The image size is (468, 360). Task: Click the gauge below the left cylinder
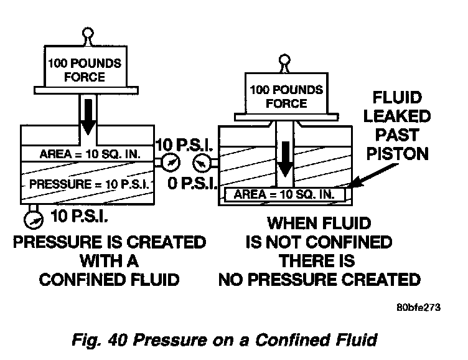34,220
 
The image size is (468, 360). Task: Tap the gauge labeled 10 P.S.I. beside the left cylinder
171,162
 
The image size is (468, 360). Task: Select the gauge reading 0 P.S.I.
202,163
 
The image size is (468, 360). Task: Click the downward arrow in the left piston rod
88,117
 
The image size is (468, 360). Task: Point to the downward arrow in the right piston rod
286,159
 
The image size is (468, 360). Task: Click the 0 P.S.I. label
192,183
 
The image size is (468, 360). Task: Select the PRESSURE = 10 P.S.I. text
89,184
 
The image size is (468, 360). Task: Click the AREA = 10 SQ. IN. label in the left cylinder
90,154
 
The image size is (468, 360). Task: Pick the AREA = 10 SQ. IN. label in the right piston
284,194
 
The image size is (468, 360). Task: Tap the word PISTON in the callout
397,154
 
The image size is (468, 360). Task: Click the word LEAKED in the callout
397,116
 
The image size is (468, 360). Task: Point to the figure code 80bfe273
418,307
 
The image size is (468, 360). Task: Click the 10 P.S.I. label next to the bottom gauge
79,216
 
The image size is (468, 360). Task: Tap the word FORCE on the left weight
85,77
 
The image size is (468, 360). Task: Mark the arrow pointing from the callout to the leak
373,176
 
